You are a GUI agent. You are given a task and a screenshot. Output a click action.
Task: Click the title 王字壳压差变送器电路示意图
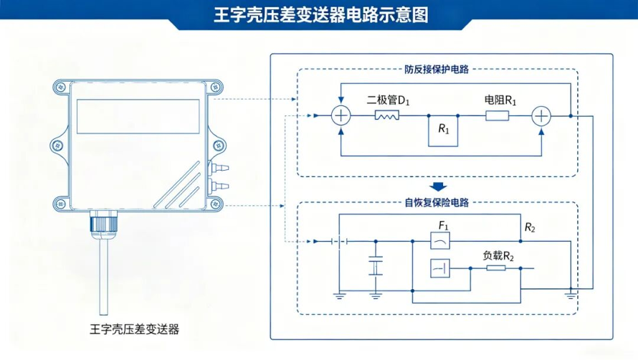point(321,15)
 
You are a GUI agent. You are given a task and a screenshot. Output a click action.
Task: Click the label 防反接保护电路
point(436,70)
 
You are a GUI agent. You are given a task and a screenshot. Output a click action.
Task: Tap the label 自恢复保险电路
point(437,202)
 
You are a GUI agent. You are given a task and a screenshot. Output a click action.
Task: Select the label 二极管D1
point(388,100)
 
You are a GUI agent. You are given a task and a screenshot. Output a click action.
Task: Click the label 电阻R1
point(500,100)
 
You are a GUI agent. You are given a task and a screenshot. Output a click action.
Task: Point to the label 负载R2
point(498,256)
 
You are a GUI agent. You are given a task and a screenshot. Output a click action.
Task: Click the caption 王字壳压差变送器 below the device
point(134,329)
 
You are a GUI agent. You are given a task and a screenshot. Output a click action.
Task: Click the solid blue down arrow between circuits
point(438,186)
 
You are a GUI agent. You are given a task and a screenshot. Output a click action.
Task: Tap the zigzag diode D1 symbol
point(387,115)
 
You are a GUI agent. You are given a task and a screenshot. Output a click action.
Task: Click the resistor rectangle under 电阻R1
point(497,116)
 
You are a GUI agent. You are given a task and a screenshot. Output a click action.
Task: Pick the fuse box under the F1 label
point(440,241)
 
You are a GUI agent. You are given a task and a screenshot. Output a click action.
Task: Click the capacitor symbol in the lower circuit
point(376,266)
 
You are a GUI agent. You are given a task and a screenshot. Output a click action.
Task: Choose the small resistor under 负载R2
point(496,268)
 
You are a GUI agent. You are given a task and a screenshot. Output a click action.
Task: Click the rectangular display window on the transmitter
point(138,116)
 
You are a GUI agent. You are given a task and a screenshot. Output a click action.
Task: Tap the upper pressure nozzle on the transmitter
point(219,167)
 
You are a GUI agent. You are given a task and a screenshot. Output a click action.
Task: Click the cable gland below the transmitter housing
point(104,221)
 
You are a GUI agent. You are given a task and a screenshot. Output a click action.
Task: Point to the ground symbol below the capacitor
point(376,295)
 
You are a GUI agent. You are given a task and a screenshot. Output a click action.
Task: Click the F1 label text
point(443,225)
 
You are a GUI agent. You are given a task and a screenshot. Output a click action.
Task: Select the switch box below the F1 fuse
point(440,268)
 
